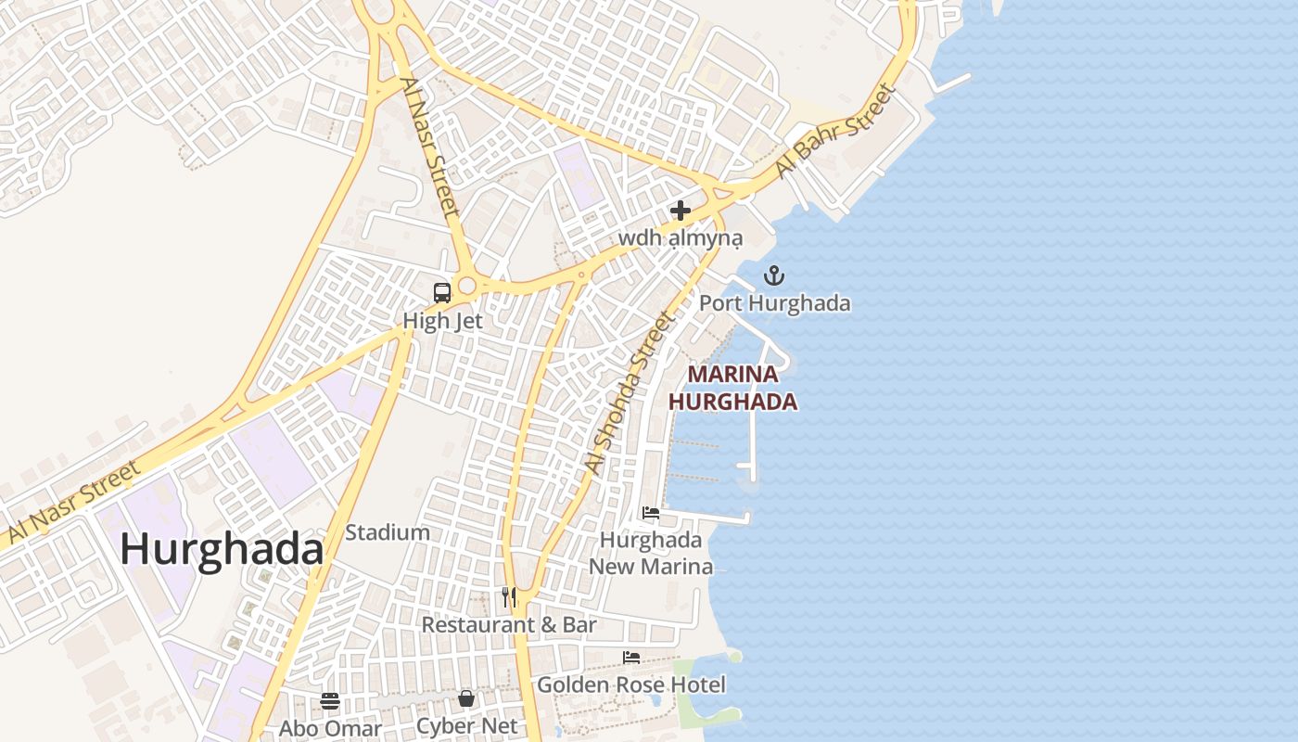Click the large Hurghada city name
click(x=222, y=550)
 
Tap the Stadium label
click(x=388, y=532)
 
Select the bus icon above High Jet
click(x=442, y=293)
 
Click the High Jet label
click(x=442, y=321)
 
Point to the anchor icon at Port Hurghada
click(x=774, y=275)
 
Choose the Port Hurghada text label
click(x=774, y=303)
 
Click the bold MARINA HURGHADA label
click(x=732, y=389)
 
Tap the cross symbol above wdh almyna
click(x=681, y=211)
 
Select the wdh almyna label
click(x=681, y=238)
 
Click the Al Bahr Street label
click(x=836, y=132)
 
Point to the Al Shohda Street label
click(x=629, y=393)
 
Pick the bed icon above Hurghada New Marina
click(x=651, y=512)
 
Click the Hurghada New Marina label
click(x=651, y=553)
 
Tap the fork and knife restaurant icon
click(x=509, y=596)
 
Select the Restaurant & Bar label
click(x=509, y=625)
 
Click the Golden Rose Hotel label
click(x=631, y=685)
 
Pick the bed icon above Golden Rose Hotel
click(x=631, y=658)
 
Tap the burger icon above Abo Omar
click(x=330, y=700)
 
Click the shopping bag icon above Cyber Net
click(x=466, y=697)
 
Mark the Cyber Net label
click(x=466, y=726)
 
